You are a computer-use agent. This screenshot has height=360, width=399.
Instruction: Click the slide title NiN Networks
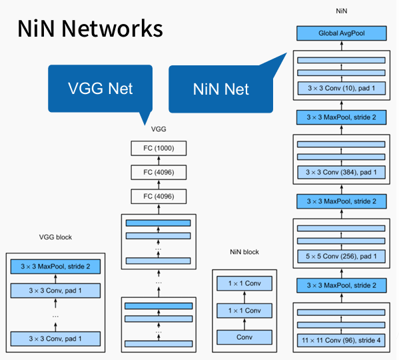pyautogui.click(x=90, y=29)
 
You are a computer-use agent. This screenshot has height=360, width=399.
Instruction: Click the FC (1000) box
pyautogui.click(x=159, y=149)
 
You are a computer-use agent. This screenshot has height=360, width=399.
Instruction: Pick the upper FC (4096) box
pyautogui.click(x=159, y=172)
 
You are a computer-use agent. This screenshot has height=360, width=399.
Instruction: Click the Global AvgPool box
pyautogui.click(x=341, y=33)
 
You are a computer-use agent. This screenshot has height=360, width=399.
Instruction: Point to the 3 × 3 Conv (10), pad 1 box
pyautogui.click(x=341, y=88)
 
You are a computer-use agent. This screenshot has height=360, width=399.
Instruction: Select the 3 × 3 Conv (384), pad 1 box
pyautogui.click(x=341, y=173)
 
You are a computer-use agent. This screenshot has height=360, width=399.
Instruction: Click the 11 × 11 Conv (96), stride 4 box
pyautogui.click(x=341, y=341)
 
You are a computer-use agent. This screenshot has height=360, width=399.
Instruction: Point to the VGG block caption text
pyautogui.click(x=55, y=237)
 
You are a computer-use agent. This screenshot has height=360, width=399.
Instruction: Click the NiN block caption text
pyautogui.click(x=244, y=252)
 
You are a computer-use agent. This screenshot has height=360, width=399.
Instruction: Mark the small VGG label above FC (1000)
pyautogui.click(x=159, y=129)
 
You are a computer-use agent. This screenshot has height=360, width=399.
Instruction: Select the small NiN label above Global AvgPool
pyautogui.click(x=341, y=11)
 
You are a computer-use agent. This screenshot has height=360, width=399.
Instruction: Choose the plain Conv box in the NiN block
pyautogui.click(x=244, y=337)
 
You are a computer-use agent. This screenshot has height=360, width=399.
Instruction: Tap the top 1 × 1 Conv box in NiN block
pyautogui.click(x=244, y=283)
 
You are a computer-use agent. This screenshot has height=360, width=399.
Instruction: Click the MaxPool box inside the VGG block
pyautogui.click(x=55, y=267)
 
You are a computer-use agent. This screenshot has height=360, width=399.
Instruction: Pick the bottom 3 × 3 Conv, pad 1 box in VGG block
pyautogui.click(x=55, y=338)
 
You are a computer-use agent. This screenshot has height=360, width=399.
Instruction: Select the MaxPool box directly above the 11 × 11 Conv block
pyautogui.click(x=341, y=285)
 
